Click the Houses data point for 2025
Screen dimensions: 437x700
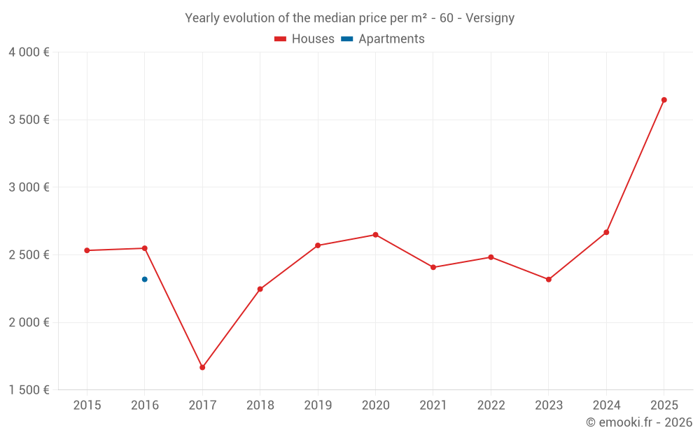tap(664, 100)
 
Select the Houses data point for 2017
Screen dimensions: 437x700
tap(202, 367)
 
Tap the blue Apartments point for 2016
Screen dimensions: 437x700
tap(145, 279)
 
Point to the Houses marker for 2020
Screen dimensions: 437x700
tap(375, 235)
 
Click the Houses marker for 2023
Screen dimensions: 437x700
tap(549, 280)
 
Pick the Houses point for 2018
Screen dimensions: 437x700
tap(260, 289)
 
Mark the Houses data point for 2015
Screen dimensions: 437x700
tap(87, 250)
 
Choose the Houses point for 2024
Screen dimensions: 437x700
tap(606, 232)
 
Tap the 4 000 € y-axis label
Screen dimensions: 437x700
tap(29, 52)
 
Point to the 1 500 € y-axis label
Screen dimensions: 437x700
tap(29, 390)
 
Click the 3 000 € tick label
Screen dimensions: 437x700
tap(29, 187)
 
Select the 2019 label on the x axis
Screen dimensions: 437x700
tap(318, 406)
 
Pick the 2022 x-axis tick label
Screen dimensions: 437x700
tap(491, 406)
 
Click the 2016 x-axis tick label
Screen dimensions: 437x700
tap(145, 406)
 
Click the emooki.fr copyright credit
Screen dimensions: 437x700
tap(638, 422)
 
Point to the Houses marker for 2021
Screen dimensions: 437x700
tap(433, 267)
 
